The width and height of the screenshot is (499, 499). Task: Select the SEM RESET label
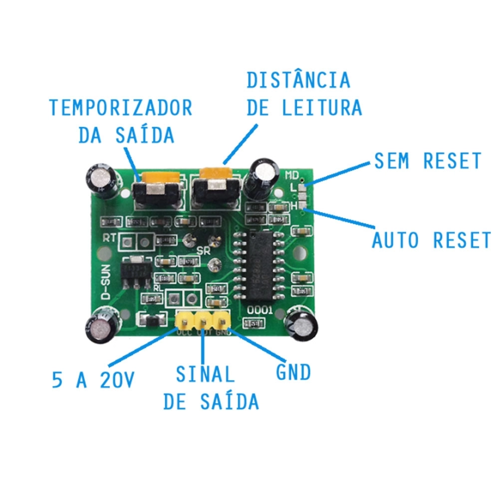pos(427,161)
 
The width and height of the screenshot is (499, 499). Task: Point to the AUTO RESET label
pos(431,240)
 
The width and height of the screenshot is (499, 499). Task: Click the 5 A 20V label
pos(93,381)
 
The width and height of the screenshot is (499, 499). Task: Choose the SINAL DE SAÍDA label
pos(211,387)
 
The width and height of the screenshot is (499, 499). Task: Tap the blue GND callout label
pos(294,372)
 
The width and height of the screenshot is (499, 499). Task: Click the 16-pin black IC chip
pos(262,264)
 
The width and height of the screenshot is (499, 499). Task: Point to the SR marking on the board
pos(203,249)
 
